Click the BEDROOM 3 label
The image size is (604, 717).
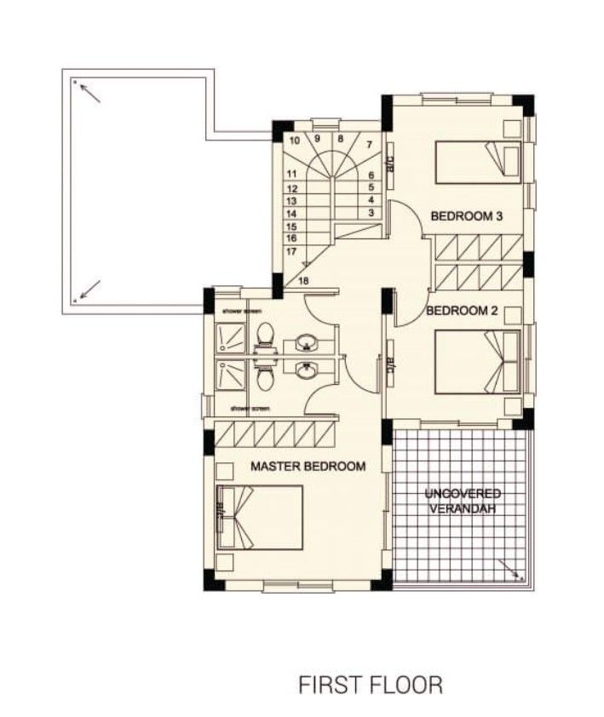(x=466, y=216)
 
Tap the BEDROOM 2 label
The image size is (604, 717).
(x=462, y=311)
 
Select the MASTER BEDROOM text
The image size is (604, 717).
(x=308, y=466)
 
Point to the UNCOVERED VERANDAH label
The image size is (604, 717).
(x=463, y=501)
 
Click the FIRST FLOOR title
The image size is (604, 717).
(x=370, y=684)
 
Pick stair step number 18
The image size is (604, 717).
(x=304, y=281)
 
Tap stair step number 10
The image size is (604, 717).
(x=295, y=141)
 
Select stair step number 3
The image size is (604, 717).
(x=371, y=212)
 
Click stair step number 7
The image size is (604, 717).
(x=370, y=145)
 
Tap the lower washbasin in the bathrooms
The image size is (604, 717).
(x=306, y=370)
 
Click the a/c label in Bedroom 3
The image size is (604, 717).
(x=390, y=161)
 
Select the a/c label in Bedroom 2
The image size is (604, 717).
(x=390, y=361)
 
